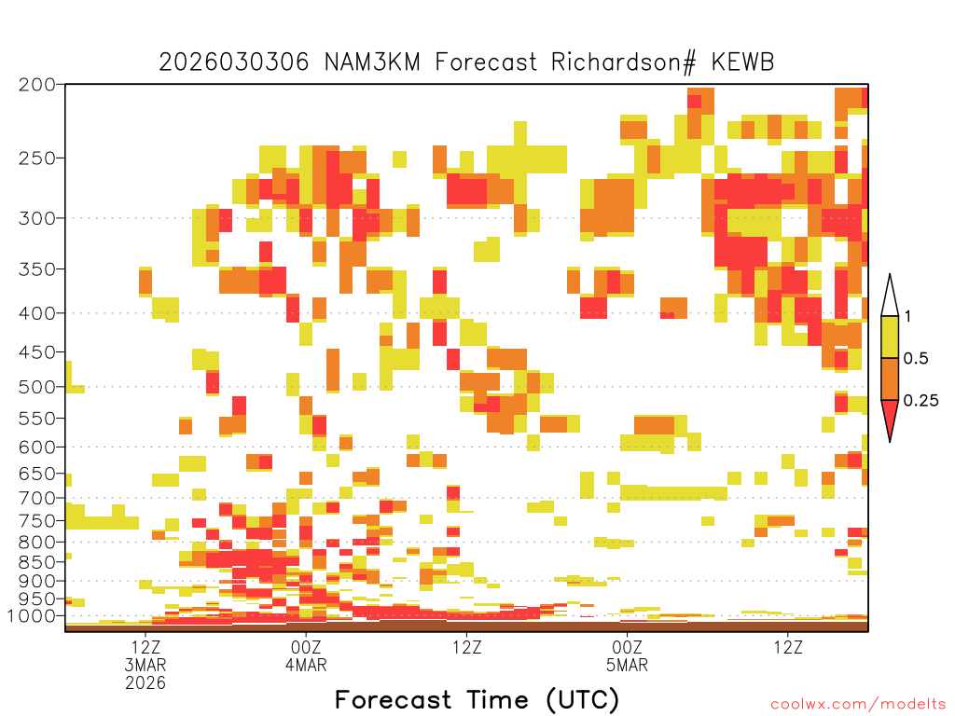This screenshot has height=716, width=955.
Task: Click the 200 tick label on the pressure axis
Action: [37, 85]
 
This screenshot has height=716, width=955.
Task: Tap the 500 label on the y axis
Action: [37, 387]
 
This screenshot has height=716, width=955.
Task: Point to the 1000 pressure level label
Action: [32, 616]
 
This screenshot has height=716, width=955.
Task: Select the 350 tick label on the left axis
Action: [37, 269]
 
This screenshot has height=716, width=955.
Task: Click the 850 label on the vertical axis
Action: [37, 562]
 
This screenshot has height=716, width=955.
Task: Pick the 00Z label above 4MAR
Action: [306, 647]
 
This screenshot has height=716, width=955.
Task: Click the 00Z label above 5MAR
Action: [628, 647]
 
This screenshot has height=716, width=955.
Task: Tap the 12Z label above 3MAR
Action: [145, 647]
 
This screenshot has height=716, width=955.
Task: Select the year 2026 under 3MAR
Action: [145, 683]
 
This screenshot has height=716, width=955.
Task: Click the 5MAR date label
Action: [628, 665]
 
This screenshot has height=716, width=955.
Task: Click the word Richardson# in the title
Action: [623, 62]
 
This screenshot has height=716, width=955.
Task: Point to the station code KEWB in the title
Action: [742, 62]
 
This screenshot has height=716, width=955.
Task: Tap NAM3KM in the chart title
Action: [372, 62]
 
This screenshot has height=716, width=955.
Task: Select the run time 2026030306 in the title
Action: [234, 62]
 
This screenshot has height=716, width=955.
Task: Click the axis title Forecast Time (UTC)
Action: [477, 700]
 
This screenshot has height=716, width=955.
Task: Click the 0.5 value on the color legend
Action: [916, 359]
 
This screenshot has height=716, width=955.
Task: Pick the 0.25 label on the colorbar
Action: [920, 401]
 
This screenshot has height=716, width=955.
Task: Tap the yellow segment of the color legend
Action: [890, 337]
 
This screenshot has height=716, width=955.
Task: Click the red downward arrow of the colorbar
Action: [890, 416]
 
